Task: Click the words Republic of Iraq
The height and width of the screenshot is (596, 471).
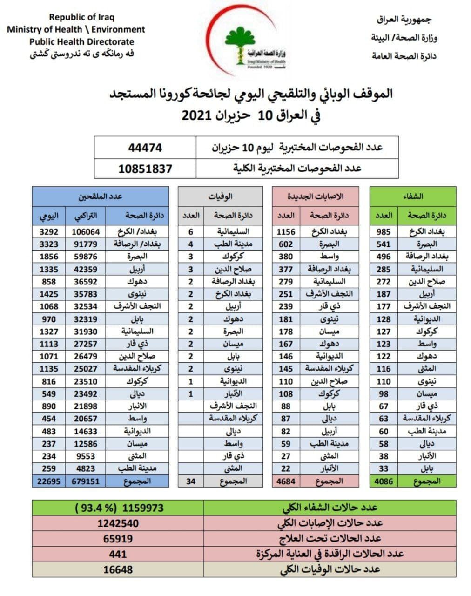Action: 82,17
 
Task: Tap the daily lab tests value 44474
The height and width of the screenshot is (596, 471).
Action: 145,148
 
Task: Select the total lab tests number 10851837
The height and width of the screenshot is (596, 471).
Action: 145,169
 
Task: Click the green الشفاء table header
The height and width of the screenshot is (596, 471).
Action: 413,196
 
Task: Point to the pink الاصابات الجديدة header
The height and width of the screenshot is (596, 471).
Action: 316,196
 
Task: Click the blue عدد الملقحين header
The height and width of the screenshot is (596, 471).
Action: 100,196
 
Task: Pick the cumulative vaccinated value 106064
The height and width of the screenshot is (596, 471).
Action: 86,232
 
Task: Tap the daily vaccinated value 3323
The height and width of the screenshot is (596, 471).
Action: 49,244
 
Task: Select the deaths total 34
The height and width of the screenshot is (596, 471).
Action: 191,481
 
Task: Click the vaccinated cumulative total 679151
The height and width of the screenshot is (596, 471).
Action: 86,481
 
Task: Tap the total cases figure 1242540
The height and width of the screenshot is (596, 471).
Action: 118,523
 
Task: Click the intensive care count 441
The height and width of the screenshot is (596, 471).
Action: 118,554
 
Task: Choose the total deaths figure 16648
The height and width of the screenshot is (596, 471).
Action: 118,569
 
